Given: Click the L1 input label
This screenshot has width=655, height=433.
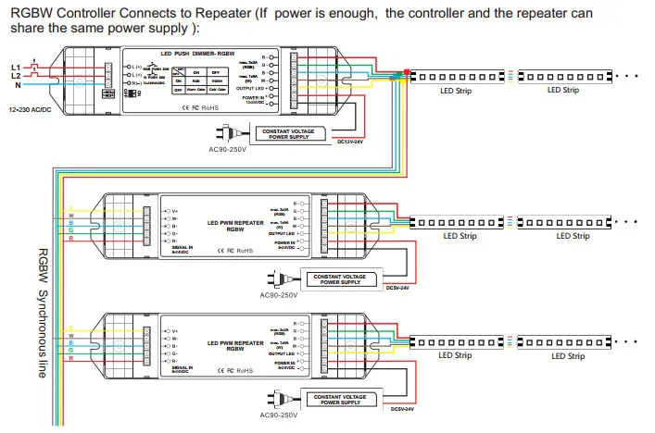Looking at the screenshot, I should (x=15, y=68).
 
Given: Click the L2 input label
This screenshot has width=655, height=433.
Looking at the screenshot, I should (x=15, y=76).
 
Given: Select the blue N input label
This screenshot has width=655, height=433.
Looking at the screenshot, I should (x=17, y=85).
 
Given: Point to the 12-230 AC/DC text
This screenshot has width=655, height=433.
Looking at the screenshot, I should (x=31, y=110).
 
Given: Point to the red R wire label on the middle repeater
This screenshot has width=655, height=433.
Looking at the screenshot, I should (x=70, y=239).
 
